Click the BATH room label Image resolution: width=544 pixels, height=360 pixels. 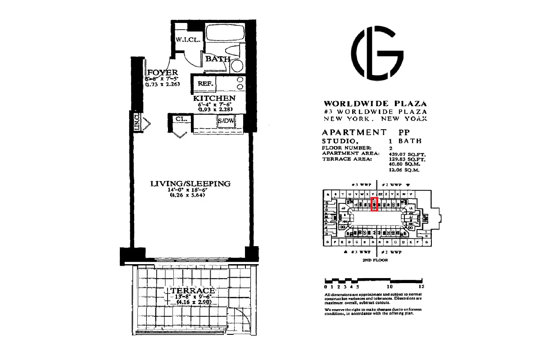pyautogui.click(x=218, y=58)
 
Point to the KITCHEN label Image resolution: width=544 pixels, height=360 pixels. pyautogui.click(x=214, y=98)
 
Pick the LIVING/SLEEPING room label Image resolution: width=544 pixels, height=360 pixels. pyautogui.click(x=190, y=184)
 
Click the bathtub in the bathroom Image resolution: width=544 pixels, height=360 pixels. pyautogui.click(x=225, y=34)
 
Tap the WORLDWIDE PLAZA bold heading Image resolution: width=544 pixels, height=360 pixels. pyautogui.click(x=374, y=103)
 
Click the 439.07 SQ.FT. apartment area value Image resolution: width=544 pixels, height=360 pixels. pyautogui.click(x=404, y=154)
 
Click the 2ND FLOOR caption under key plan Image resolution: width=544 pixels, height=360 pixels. pyautogui.click(x=375, y=260)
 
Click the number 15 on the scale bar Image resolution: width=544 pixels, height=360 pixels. pyautogui.click(x=421, y=286)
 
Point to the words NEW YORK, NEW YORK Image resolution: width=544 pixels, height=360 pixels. pyautogui.click(x=374, y=118)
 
